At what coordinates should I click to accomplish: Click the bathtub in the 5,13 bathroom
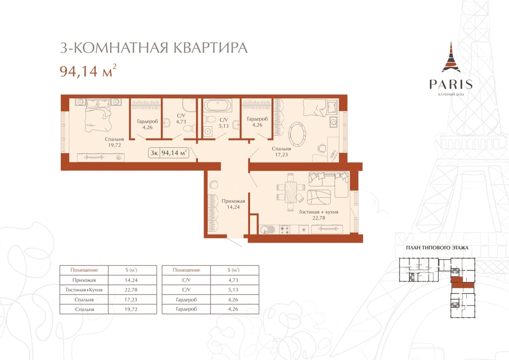(218, 105)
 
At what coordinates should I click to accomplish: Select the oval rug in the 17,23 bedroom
(297, 134)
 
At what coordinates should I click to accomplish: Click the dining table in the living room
(291, 192)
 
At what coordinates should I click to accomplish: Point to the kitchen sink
(267, 229)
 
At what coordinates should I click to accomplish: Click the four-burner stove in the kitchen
(285, 230)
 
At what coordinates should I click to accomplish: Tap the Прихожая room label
(233, 201)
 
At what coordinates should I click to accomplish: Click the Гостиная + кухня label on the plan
(318, 212)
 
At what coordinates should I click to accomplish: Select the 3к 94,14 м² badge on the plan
(168, 153)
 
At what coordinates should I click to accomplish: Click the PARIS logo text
(451, 84)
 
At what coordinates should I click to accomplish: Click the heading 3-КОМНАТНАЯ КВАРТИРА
(154, 48)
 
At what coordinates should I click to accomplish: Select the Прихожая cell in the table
(84, 280)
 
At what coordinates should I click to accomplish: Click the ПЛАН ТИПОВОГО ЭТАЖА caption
(437, 248)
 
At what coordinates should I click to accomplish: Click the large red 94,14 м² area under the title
(88, 71)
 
